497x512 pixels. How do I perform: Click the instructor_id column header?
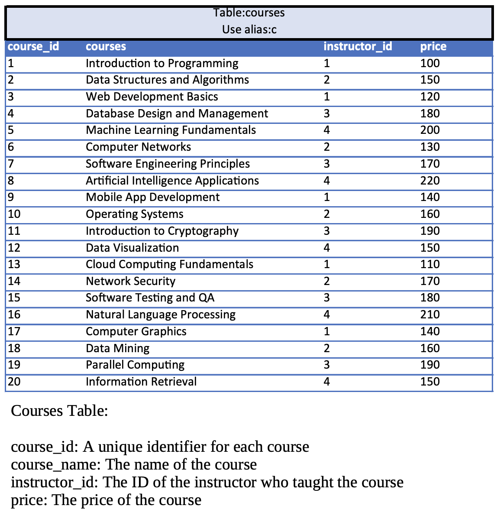[x=358, y=46]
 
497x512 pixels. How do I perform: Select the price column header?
[x=433, y=46]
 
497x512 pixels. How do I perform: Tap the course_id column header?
[x=33, y=46]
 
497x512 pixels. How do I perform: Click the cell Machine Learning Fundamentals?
[x=171, y=130]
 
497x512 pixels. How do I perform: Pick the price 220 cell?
[x=430, y=181]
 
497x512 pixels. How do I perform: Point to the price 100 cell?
[x=430, y=63]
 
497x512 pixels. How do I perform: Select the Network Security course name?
[x=130, y=281]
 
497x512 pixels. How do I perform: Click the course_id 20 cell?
[x=14, y=382]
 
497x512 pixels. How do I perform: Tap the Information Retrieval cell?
[x=141, y=382]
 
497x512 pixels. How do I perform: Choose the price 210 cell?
[x=430, y=314]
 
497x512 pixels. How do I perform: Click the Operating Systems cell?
[x=135, y=214]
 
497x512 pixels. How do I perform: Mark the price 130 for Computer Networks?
[x=430, y=147]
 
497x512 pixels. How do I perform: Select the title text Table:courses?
[x=249, y=13]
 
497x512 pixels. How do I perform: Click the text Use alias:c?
[x=249, y=29]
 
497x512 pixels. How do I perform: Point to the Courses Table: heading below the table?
[x=59, y=410]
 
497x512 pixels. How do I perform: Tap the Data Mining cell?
[x=118, y=348]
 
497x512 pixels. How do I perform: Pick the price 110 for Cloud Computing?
[x=430, y=264]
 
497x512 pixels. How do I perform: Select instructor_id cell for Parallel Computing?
[x=327, y=365]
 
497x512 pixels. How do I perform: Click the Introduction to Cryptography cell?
[x=162, y=231]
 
